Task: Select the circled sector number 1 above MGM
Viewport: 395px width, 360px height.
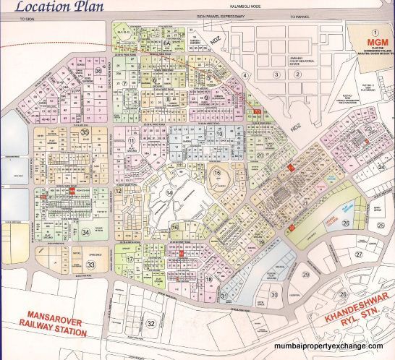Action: (x=375, y=33)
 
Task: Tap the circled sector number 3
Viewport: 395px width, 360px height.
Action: (x=276, y=74)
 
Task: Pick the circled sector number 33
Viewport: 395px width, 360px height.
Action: (x=93, y=265)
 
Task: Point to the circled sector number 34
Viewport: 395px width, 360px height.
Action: (x=85, y=231)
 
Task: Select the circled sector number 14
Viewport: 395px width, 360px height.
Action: (x=169, y=193)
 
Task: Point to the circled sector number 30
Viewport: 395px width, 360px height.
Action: (x=275, y=294)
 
